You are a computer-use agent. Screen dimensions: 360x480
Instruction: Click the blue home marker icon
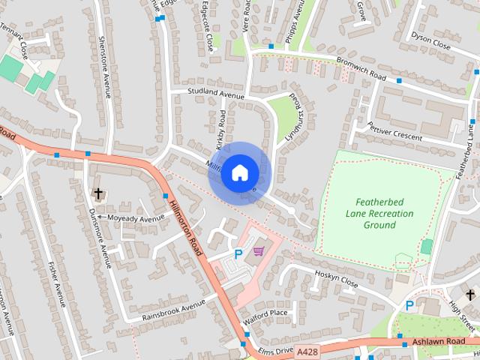239,172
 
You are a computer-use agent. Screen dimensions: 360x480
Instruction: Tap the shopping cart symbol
259,252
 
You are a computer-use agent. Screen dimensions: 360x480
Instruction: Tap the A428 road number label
306,350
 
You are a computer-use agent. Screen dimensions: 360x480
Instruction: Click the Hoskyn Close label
336,278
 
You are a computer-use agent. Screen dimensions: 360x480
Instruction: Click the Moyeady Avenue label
135,218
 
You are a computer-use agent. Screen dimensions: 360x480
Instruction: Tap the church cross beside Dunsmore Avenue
98,194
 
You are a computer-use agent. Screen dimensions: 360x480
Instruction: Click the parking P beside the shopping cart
238,253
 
